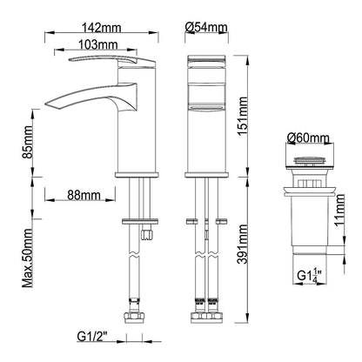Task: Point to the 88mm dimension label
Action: point(84,197)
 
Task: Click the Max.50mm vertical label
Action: point(29,258)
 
